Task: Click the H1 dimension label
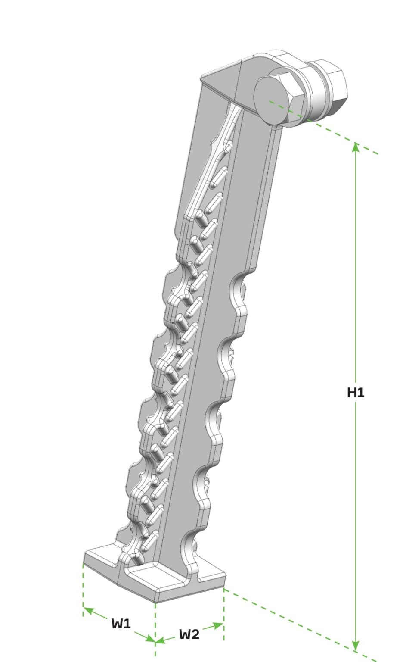pos(356,393)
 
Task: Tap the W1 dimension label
pos(121,623)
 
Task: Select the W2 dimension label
pos(189,634)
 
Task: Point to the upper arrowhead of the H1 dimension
pos(355,147)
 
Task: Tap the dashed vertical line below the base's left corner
pos(83,588)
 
